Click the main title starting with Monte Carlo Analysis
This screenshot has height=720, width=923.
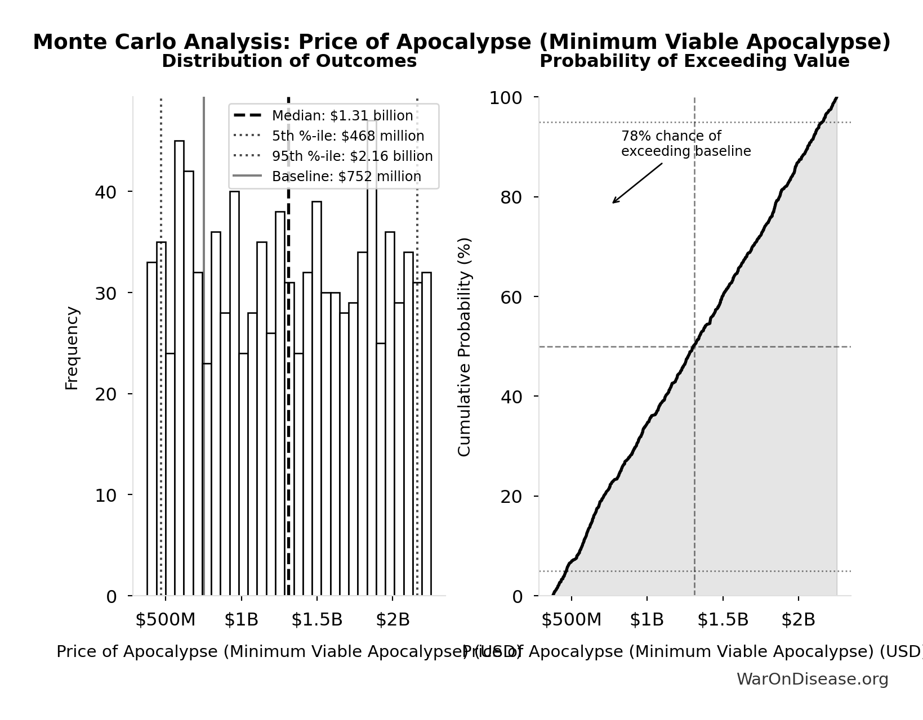click(x=461, y=42)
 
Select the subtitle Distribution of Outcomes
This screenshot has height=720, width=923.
click(x=289, y=61)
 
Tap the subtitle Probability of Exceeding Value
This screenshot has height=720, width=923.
click(x=694, y=61)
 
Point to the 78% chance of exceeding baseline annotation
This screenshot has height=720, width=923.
click(x=685, y=144)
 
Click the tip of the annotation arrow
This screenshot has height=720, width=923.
click(x=613, y=202)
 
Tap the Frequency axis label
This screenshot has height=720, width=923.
click(x=72, y=348)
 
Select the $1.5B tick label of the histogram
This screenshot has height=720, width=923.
click(x=316, y=620)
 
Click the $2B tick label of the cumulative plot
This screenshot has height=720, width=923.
click(x=798, y=620)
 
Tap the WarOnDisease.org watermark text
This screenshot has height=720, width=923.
click(x=812, y=679)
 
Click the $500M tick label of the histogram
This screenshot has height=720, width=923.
click(x=165, y=620)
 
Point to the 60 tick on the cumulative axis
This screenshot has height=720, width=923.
click(x=511, y=297)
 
